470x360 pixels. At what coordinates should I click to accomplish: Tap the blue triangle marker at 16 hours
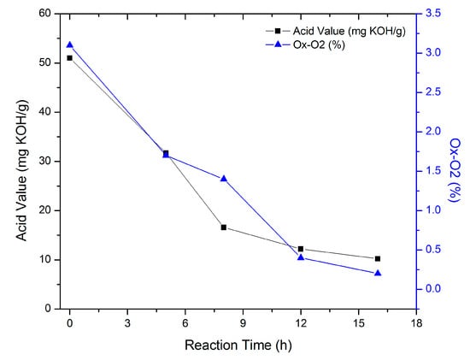pyautogui.click(x=378, y=273)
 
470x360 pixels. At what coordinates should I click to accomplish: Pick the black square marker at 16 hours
pyautogui.click(x=378, y=258)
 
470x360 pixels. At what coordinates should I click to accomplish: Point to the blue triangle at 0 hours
pyautogui.click(x=70, y=44)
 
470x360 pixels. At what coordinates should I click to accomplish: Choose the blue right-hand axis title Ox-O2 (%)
pyautogui.click(x=455, y=162)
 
